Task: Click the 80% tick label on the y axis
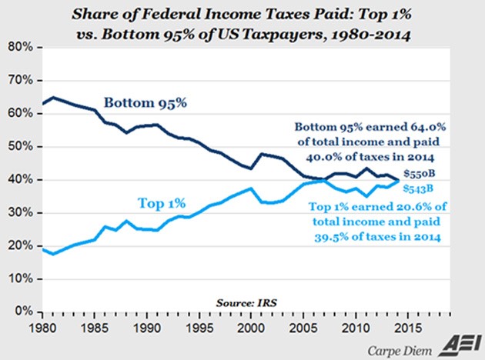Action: [x=18, y=47]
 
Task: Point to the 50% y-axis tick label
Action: [x=18, y=146]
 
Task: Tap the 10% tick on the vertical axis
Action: [x=18, y=278]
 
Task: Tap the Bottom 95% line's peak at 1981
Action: [x=53, y=98]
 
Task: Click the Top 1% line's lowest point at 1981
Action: [x=53, y=253]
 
